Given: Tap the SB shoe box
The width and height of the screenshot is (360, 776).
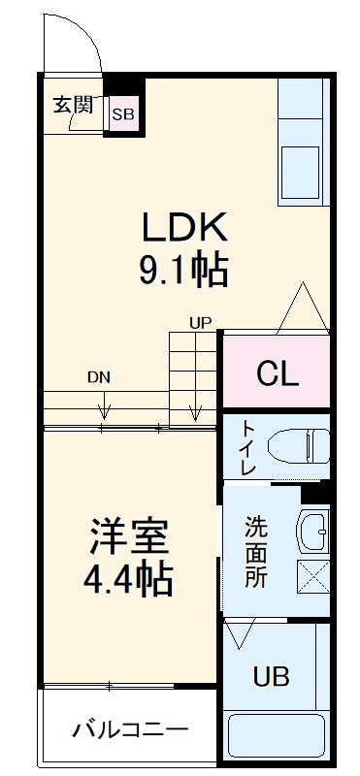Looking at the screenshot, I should click(x=123, y=114).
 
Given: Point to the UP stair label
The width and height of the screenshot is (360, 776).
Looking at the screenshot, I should click(x=200, y=322).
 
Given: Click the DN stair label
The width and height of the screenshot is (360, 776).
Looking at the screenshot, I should click(x=98, y=376).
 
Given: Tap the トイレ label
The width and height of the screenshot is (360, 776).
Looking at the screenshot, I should click(x=248, y=448).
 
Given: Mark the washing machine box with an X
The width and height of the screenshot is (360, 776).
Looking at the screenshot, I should click(x=313, y=577).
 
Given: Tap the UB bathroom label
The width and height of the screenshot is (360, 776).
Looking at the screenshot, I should click(x=271, y=677).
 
